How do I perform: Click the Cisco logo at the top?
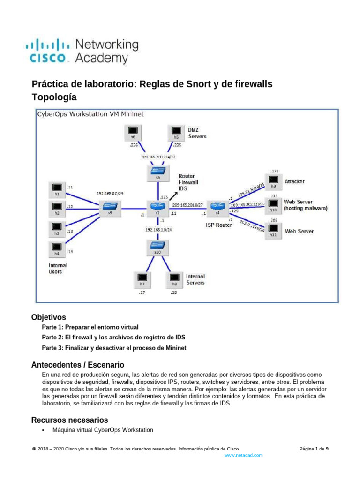[x=82, y=52]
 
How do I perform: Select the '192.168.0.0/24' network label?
[x=110, y=193]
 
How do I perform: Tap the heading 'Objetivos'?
[x=49, y=317]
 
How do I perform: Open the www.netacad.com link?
[x=244, y=455]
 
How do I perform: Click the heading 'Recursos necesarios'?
[x=69, y=420]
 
